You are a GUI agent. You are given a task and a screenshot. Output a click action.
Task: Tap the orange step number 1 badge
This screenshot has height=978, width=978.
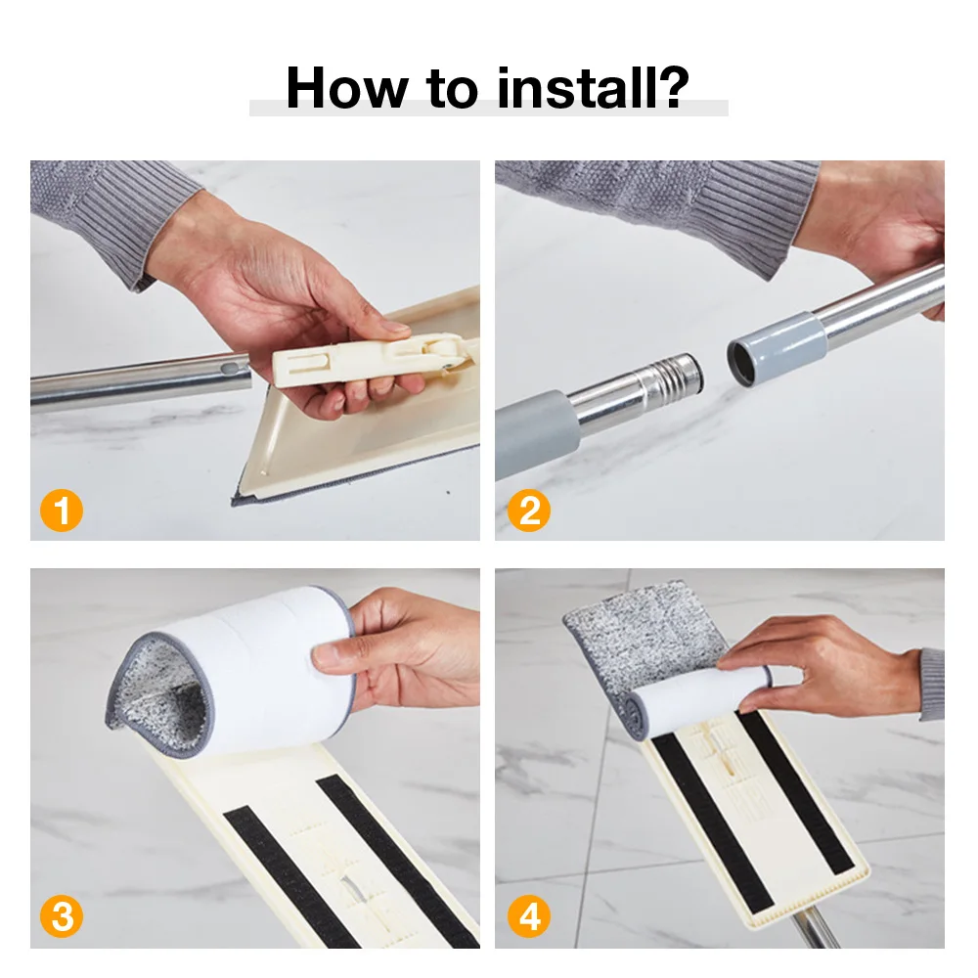tap(62, 511)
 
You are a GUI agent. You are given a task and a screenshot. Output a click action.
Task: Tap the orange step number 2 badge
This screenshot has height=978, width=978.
tap(529, 511)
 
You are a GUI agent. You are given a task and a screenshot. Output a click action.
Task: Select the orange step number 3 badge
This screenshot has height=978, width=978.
tap(62, 916)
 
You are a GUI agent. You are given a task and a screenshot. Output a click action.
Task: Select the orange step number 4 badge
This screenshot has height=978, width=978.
tap(529, 916)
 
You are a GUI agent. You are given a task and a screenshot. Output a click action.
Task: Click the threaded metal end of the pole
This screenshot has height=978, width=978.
tap(675, 378)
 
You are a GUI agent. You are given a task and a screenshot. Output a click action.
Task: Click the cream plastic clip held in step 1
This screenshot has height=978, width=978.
tap(368, 359)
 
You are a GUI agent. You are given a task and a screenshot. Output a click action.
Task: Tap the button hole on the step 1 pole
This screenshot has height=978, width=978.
tap(232, 369)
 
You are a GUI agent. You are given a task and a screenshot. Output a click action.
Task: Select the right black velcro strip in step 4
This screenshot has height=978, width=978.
tap(796, 792)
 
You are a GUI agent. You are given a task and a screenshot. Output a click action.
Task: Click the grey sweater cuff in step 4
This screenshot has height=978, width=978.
tap(932, 684)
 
